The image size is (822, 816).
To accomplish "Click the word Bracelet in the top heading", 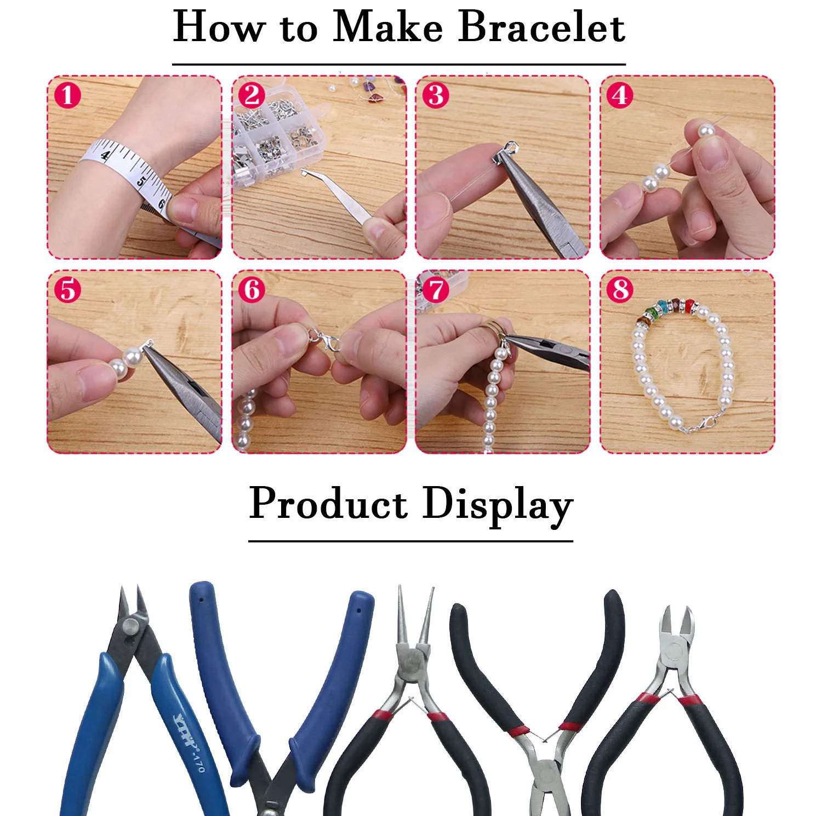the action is pos(541,27).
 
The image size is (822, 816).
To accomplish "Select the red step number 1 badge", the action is pos(67,95).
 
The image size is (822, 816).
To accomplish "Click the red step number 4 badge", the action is pos(620,95).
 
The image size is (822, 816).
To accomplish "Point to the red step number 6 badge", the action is pos(252,289).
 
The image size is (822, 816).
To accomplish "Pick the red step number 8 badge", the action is pos(620,289).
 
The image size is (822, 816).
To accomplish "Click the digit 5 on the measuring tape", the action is pos(141,181).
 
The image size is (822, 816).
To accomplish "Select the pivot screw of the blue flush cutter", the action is pos(130,625).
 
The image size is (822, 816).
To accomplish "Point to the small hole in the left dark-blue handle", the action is pos(201,600).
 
